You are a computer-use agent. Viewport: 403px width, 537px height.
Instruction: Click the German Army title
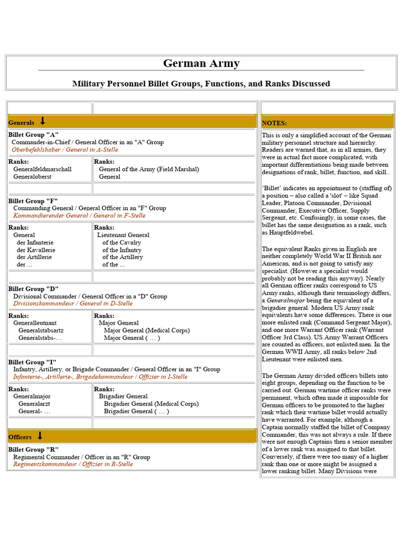click(201, 63)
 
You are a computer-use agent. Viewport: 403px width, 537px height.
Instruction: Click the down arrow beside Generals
click(43, 122)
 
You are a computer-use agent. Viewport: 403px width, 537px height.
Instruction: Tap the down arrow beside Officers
click(40, 436)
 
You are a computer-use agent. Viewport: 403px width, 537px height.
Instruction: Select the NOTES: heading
click(274, 123)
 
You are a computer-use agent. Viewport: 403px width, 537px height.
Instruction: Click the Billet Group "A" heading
click(33, 135)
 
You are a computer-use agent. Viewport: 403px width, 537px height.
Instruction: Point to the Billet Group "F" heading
click(33, 201)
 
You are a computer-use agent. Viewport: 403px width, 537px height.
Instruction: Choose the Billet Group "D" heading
click(34, 289)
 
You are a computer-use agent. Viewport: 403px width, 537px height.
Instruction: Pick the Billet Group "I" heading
click(33, 362)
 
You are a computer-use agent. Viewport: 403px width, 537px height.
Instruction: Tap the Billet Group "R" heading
click(33, 450)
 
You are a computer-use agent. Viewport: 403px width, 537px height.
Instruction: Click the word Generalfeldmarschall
click(43, 169)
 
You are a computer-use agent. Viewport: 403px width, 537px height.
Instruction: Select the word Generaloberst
click(33, 177)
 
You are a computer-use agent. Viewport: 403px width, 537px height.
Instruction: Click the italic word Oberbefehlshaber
click(36, 149)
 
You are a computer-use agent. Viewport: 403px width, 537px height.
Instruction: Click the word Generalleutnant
click(35, 323)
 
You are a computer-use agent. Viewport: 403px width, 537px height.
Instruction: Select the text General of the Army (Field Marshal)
click(149, 169)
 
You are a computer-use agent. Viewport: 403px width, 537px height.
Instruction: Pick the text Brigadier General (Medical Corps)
click(151, 404)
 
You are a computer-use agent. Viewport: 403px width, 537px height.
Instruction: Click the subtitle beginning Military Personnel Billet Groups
click(201, 83)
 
